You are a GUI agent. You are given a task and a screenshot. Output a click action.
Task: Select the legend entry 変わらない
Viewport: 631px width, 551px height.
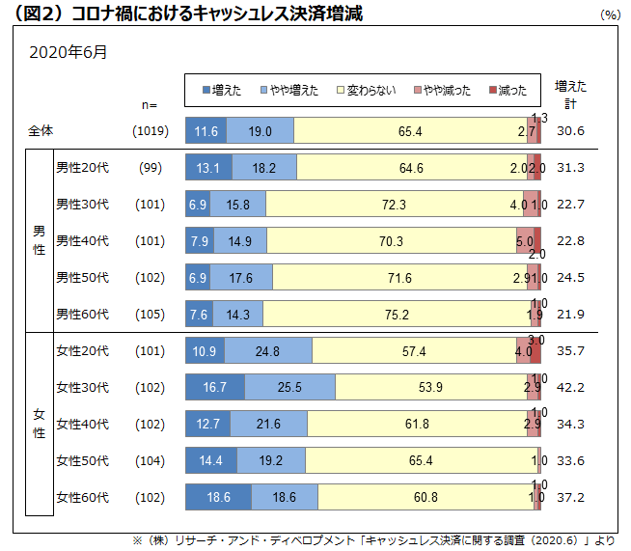pyautogui.click(x=367, y=90)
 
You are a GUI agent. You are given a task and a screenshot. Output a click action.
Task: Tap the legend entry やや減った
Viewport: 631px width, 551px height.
pyautogui.click(x=444, y=90)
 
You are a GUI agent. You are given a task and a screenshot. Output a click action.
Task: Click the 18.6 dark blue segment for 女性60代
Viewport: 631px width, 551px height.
pyautogui.click(x=218, y=497)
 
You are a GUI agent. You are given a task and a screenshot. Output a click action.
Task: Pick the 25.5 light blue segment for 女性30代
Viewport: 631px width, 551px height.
pyautogui.click(x=289, y=387)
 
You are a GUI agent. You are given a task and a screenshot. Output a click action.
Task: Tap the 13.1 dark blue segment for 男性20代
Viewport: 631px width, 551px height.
pyautogui.click(x=207, y=167)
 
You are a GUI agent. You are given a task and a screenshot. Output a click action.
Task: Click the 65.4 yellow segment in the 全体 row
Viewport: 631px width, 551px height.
pyautogui.click(x=409, y=131)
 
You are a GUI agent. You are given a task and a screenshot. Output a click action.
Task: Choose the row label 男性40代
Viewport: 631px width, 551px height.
pyautogui.click(x=82, y=240)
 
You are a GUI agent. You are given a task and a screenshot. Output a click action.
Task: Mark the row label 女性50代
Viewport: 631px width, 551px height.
pyautogui.click(x=82, y=460)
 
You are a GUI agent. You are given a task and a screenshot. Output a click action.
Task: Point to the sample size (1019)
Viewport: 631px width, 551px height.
pyautogui.click(x=151, y=131)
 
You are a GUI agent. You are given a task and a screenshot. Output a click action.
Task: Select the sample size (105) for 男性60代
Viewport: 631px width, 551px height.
pyautogui.click(x=150, y=314)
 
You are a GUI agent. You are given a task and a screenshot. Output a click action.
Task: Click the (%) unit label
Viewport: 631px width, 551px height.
pyautogui.click(x=610, y=14)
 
